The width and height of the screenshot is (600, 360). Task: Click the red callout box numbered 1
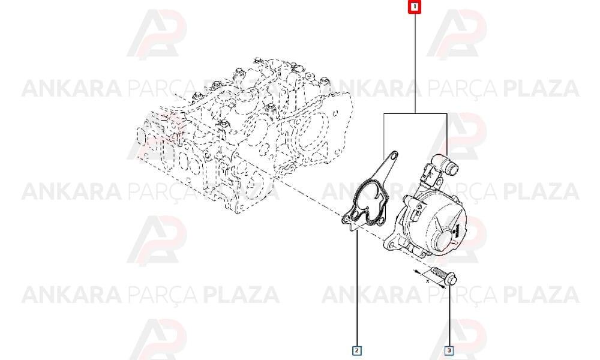[x=415, y=7]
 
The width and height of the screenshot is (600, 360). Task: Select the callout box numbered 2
[x=356, y=350]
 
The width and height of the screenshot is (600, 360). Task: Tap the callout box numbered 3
[x=449, y=350]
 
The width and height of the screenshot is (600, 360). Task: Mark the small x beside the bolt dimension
[x=427, y=281]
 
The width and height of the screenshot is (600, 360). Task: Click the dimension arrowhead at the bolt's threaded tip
[x=416, y=272]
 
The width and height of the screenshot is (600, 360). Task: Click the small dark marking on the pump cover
[x=456, y=230]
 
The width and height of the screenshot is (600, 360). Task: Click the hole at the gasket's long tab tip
[x=393, y=155]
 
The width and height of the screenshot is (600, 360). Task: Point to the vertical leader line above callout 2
[x=356, y=287]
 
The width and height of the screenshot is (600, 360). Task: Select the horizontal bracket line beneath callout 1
[x=415, y=113]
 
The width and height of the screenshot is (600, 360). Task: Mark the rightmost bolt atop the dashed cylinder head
[x=325, y=81]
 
